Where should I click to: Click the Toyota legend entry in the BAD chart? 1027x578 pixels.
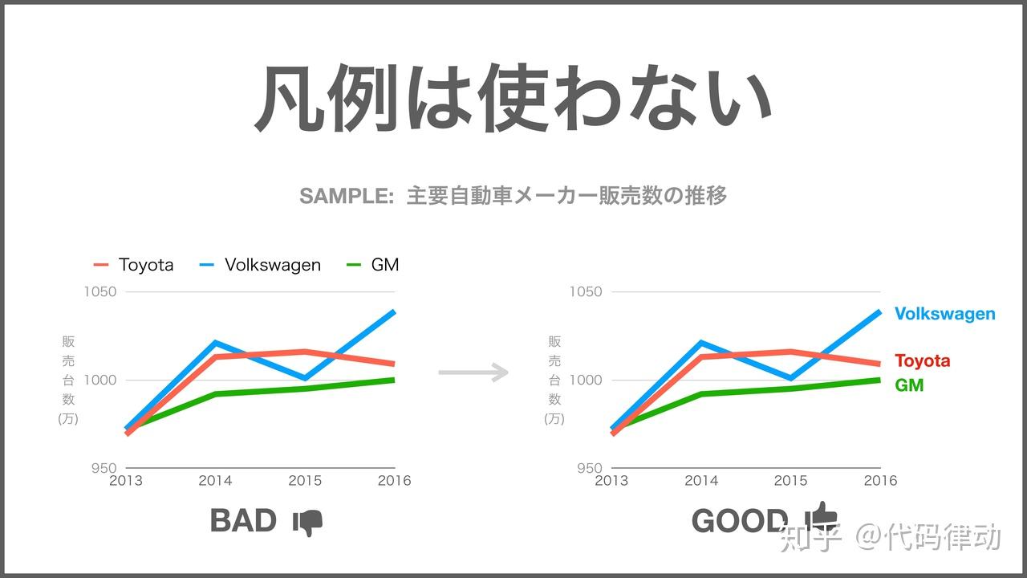click(x=133, y=265)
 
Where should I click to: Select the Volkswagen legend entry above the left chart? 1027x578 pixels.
click(x=260, y=265)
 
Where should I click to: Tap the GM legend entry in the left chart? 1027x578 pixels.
click(x=372, y=265)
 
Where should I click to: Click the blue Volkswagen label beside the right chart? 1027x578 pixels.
click(x=945, y=314)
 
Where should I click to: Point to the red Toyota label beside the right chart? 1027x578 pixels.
click(x=923, y=361)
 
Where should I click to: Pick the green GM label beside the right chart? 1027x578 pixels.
click(x=909, y=385)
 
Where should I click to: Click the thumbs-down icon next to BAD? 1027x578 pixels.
click(x=307, y=523)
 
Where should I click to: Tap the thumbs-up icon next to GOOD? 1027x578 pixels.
click(x=822, y=516)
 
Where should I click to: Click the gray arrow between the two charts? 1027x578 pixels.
click(x=473, y=372)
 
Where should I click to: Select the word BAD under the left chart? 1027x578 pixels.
click(x=243, y=521)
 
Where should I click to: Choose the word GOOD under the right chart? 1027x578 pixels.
click(x=740, y=521)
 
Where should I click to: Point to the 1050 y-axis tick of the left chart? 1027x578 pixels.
click(x=100, y=291)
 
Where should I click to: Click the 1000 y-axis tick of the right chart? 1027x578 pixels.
click(x=586, y=380)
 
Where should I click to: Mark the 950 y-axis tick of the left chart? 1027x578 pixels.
click(x=104, y=468)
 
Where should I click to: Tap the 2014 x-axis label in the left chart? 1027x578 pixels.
click(x=216, y=481)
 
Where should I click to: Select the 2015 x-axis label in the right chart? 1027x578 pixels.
click(x=791, y=481)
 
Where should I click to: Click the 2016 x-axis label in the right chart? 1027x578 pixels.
click(x=880, y=481)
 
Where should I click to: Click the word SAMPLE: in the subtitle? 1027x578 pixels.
click(x=347, y=197)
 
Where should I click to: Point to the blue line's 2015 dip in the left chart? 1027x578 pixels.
click(x=305, y=378)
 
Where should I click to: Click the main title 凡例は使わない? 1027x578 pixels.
click(x=513, y=98)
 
